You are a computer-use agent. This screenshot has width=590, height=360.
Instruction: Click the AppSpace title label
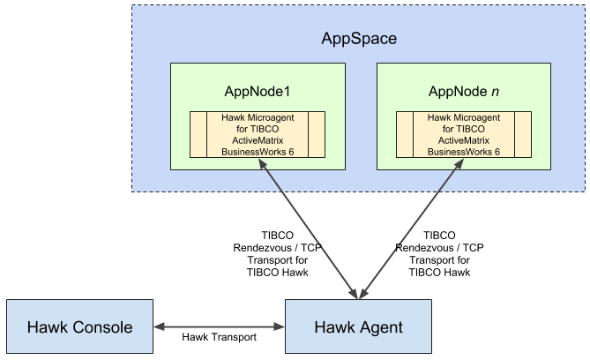(x=359, y=40)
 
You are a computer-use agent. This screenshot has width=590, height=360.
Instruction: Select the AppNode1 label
(x=258, y=93)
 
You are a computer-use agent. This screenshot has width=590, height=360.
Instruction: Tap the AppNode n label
(x=464, y=93)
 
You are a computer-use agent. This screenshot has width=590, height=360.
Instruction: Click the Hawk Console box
(x=79, y=327)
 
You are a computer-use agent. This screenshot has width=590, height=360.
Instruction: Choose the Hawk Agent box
(x=359, y=327)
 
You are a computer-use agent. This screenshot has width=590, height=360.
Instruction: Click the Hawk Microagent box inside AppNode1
(x=258, y=134)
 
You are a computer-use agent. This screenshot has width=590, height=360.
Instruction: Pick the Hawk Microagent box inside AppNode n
(x=464, y=134)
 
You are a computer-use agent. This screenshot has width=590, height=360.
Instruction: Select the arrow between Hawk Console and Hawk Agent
(x=220, y=327)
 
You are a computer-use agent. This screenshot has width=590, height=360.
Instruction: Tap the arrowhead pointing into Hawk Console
(x=160, y=327)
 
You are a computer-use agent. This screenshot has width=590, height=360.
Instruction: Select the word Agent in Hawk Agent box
(x=381, y=327)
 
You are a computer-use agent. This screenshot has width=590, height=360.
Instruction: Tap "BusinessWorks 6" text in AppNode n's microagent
(x=464, y=152)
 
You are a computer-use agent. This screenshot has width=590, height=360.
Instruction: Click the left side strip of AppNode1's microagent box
(x=198, y=134)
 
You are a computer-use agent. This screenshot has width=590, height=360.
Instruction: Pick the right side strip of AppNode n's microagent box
(x=523, y=134)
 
